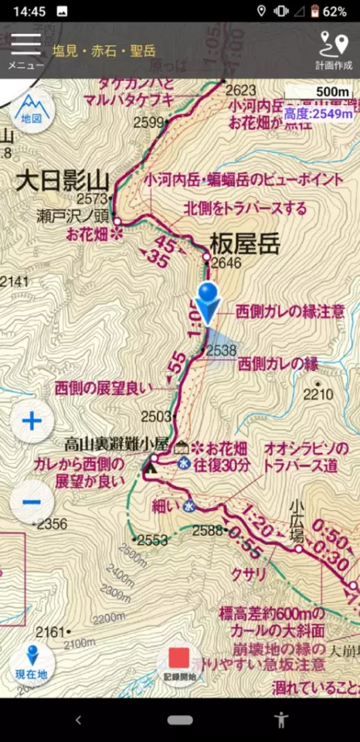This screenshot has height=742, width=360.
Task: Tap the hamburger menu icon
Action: coord(25,45)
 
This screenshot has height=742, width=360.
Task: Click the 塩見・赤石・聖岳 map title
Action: coord(104,51)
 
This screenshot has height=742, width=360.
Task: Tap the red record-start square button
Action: coord(179,658)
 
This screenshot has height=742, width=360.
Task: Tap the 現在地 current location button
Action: coord(32,662)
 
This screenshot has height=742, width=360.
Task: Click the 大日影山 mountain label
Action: coord(63,182)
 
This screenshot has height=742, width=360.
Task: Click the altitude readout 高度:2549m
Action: coord(318,114)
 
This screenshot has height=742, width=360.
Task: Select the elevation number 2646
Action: coord(226,264)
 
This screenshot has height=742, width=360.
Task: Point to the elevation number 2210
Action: coord(318,395)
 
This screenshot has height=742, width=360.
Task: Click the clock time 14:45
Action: coord(29,12)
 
